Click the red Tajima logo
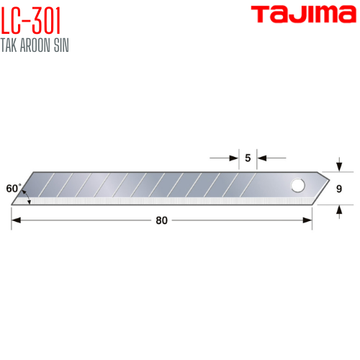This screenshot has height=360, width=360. click(x=304, y=14)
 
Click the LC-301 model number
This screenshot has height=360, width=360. click(x=31, y=21)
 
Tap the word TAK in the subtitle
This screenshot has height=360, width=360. click(x=9, y=45)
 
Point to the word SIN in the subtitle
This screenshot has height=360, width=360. click(x=61, y=45)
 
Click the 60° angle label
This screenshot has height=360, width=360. click(x=14, y=189)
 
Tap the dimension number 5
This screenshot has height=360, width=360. click(x=248, y=158)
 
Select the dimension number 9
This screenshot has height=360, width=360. click(x=339, y=189)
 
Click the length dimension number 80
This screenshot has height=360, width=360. click(x=161, y=220)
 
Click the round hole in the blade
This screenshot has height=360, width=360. click(x=298, y=186)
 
